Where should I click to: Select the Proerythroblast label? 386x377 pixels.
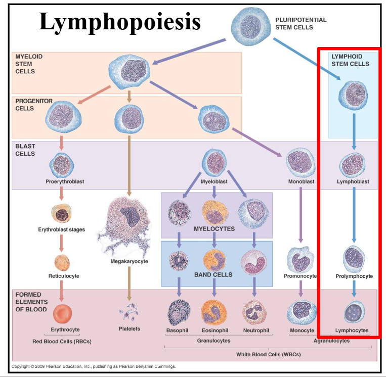point(62,181)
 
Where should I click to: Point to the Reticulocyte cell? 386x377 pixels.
point(62,262)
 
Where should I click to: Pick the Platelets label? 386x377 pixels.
point(129,329)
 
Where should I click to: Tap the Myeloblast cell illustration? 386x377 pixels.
point(214,163)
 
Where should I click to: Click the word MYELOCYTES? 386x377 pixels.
point(214,229)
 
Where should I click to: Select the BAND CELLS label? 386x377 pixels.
point(213,275)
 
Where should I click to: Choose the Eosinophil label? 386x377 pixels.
point(215,331)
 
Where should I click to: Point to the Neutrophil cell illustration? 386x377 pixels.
point(254,312)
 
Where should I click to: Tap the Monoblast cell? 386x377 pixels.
point(301,162)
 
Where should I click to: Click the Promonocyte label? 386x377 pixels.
point(301,276)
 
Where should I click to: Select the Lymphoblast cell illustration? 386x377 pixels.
point(353,164)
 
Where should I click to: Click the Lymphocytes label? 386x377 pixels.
point(352,331)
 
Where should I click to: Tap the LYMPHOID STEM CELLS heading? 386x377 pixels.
point(350,60)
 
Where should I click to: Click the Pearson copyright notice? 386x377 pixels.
point(94,366)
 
